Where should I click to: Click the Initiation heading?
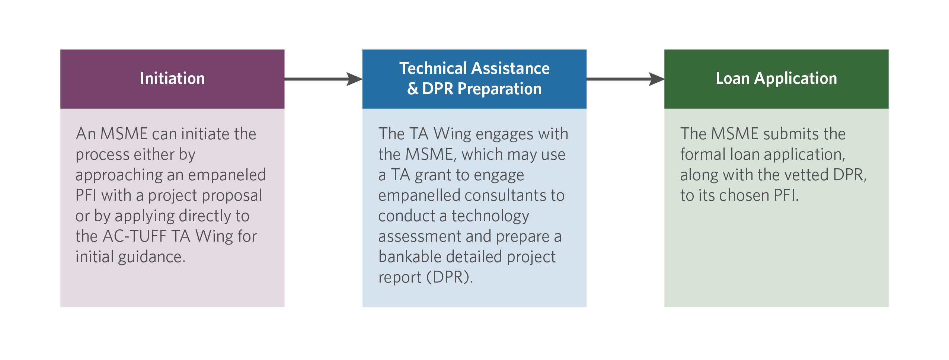(x=172, y=79)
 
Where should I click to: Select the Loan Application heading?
(x=776, y=79)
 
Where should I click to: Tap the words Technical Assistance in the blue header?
(x=474, y=68)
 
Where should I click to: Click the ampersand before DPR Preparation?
(x=413, y=89)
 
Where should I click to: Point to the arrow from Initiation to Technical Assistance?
(x=323, y=79)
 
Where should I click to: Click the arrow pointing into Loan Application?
(x=625, y=79)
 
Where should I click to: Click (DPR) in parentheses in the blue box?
(x=450, y=277)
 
